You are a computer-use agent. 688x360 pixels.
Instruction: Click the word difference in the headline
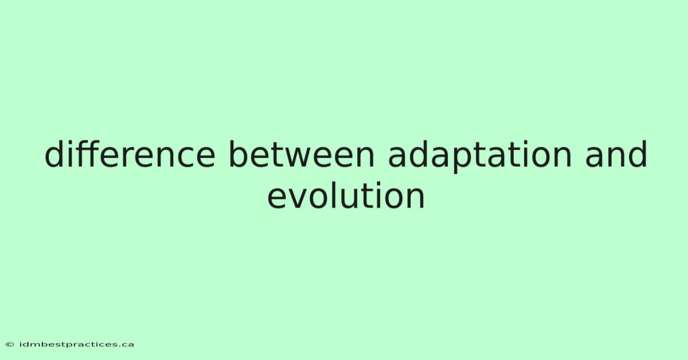click(x=130, y=154)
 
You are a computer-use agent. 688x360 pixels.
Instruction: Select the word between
click(x=302, y=154)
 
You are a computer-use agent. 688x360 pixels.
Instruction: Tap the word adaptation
click(x=480, y=156)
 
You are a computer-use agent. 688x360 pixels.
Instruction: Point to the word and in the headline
click(x=616, y=154)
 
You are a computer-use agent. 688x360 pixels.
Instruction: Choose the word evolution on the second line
click(x=346, y=195)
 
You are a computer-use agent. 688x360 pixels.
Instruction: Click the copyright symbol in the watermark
click(x=10, y=345)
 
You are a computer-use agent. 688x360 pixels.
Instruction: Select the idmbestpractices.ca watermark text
click(x=77, y=345)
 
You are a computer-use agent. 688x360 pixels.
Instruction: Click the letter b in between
click(x=240, y=154)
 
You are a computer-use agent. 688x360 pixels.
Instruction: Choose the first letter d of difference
click(x=54, y=154)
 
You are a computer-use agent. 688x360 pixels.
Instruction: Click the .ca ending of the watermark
click(x=127, y=345)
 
